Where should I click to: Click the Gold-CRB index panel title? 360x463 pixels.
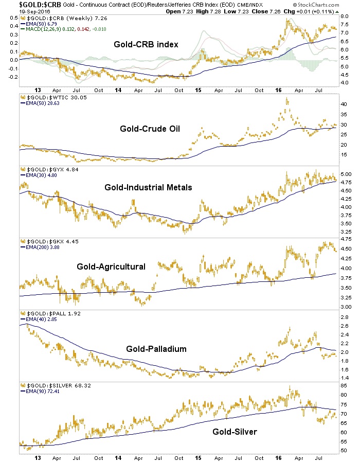[x=146, y=44]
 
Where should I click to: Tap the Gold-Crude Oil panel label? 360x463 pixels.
[x=146, y=129]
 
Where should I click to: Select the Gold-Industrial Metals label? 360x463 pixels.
[x=148, y=187]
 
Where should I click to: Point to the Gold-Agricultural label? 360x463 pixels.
[x=111, y=266]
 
